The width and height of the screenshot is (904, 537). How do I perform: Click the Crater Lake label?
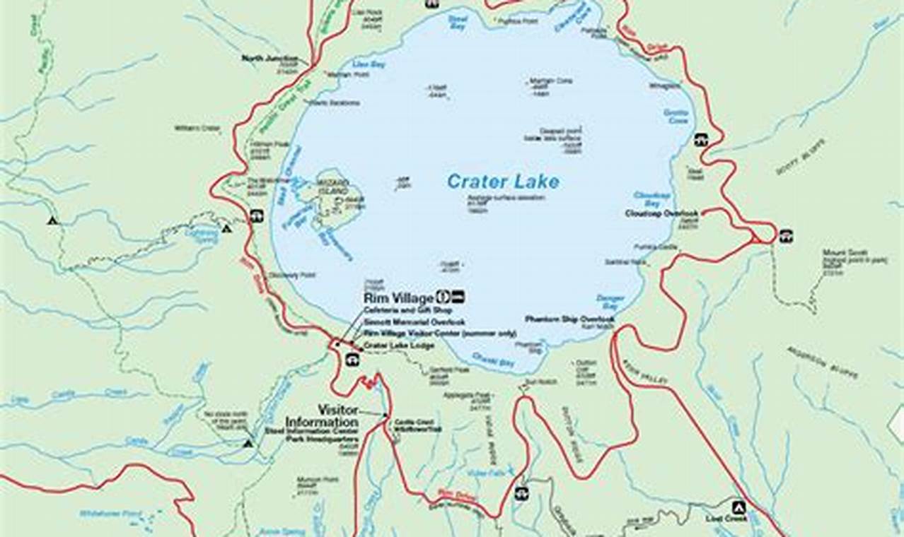point(502,182)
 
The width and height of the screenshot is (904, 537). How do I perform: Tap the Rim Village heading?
point(398,298)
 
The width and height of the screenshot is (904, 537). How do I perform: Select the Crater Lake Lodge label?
point(398,345)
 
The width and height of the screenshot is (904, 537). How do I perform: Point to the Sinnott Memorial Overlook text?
point(405,322)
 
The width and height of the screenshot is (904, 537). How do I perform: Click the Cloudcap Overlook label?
point(661,213)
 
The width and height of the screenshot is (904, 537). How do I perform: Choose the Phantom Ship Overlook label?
point(569,319)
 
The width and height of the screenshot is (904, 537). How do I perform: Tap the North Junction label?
point(270,59)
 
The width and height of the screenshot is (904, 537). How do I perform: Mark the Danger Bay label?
point(610,302)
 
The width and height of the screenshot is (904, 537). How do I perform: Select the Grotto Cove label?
point(676,117)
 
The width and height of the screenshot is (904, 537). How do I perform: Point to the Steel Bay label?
point(458,23)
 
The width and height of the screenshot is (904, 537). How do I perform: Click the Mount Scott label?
point(844,253)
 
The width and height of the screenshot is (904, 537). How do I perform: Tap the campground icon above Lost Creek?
point(738,507)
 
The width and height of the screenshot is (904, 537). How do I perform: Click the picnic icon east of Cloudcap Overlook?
point(786,236)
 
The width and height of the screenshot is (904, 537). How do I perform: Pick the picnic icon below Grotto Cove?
point(700,140)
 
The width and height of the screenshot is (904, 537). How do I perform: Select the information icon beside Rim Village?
point(444,297)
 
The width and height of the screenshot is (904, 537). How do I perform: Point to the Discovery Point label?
point(284,276)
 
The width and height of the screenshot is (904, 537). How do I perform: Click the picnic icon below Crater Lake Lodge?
point(352,360)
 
